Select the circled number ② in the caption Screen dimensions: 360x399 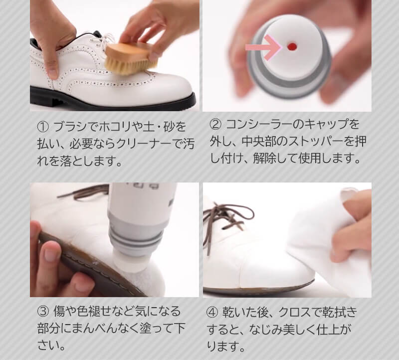tap(214, 124)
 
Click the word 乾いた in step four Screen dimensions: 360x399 tap(241, 312)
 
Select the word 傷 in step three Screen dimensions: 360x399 tap(59, 312)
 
